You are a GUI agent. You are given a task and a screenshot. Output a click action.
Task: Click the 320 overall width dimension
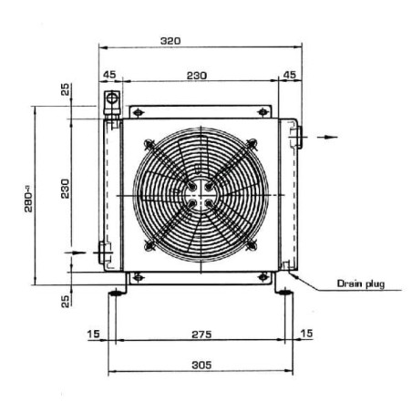pos(170,41)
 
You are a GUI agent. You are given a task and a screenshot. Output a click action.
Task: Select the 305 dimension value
pos(201,365)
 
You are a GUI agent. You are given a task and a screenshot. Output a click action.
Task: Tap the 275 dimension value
pos(201,335)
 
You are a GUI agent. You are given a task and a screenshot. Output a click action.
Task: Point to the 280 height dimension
pos(28,201)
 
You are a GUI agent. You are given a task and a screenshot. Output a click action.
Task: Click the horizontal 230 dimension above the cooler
pos(197,76)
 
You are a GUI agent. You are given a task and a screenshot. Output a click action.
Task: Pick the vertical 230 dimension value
pos(65,189)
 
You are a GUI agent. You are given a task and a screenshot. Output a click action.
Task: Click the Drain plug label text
pos(361,283)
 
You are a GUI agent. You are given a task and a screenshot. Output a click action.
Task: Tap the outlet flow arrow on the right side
pos(327,137)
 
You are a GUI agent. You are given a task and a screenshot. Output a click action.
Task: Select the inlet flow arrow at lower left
pos(76,252)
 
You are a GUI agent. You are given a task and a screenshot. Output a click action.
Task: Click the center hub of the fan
pos(200,195)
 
